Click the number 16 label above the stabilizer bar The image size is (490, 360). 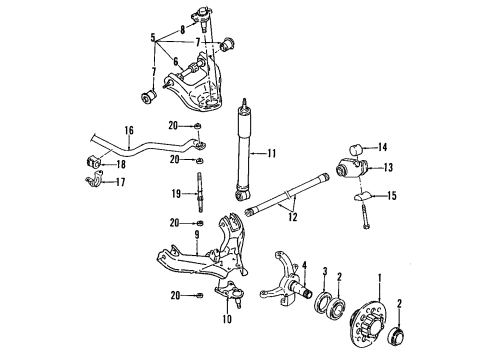[x=129, y=130]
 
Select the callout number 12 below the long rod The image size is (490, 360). [x=292, y=217]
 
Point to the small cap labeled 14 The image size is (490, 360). [x=355, y=149]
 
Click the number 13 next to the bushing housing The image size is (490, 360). [x=388, y=167]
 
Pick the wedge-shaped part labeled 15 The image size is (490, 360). [x=362, y=196]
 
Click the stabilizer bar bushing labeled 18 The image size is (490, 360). [x=92, y=162]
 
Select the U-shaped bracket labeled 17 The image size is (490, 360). [x=94, y=180]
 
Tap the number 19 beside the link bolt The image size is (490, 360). [x=176, y=194]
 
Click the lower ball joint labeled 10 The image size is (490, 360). [x=232, y=293]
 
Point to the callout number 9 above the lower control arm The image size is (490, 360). [x=197, y=234]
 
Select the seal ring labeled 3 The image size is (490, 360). [x=323, y=300]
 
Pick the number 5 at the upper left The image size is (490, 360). [x=153, y=37]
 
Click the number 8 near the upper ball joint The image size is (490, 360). [x=183, y=30]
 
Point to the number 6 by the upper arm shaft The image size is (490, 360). [x=176, y=61]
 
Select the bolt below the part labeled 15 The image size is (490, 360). [x=364, y=217]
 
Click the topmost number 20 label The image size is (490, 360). [x=173, y=126]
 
